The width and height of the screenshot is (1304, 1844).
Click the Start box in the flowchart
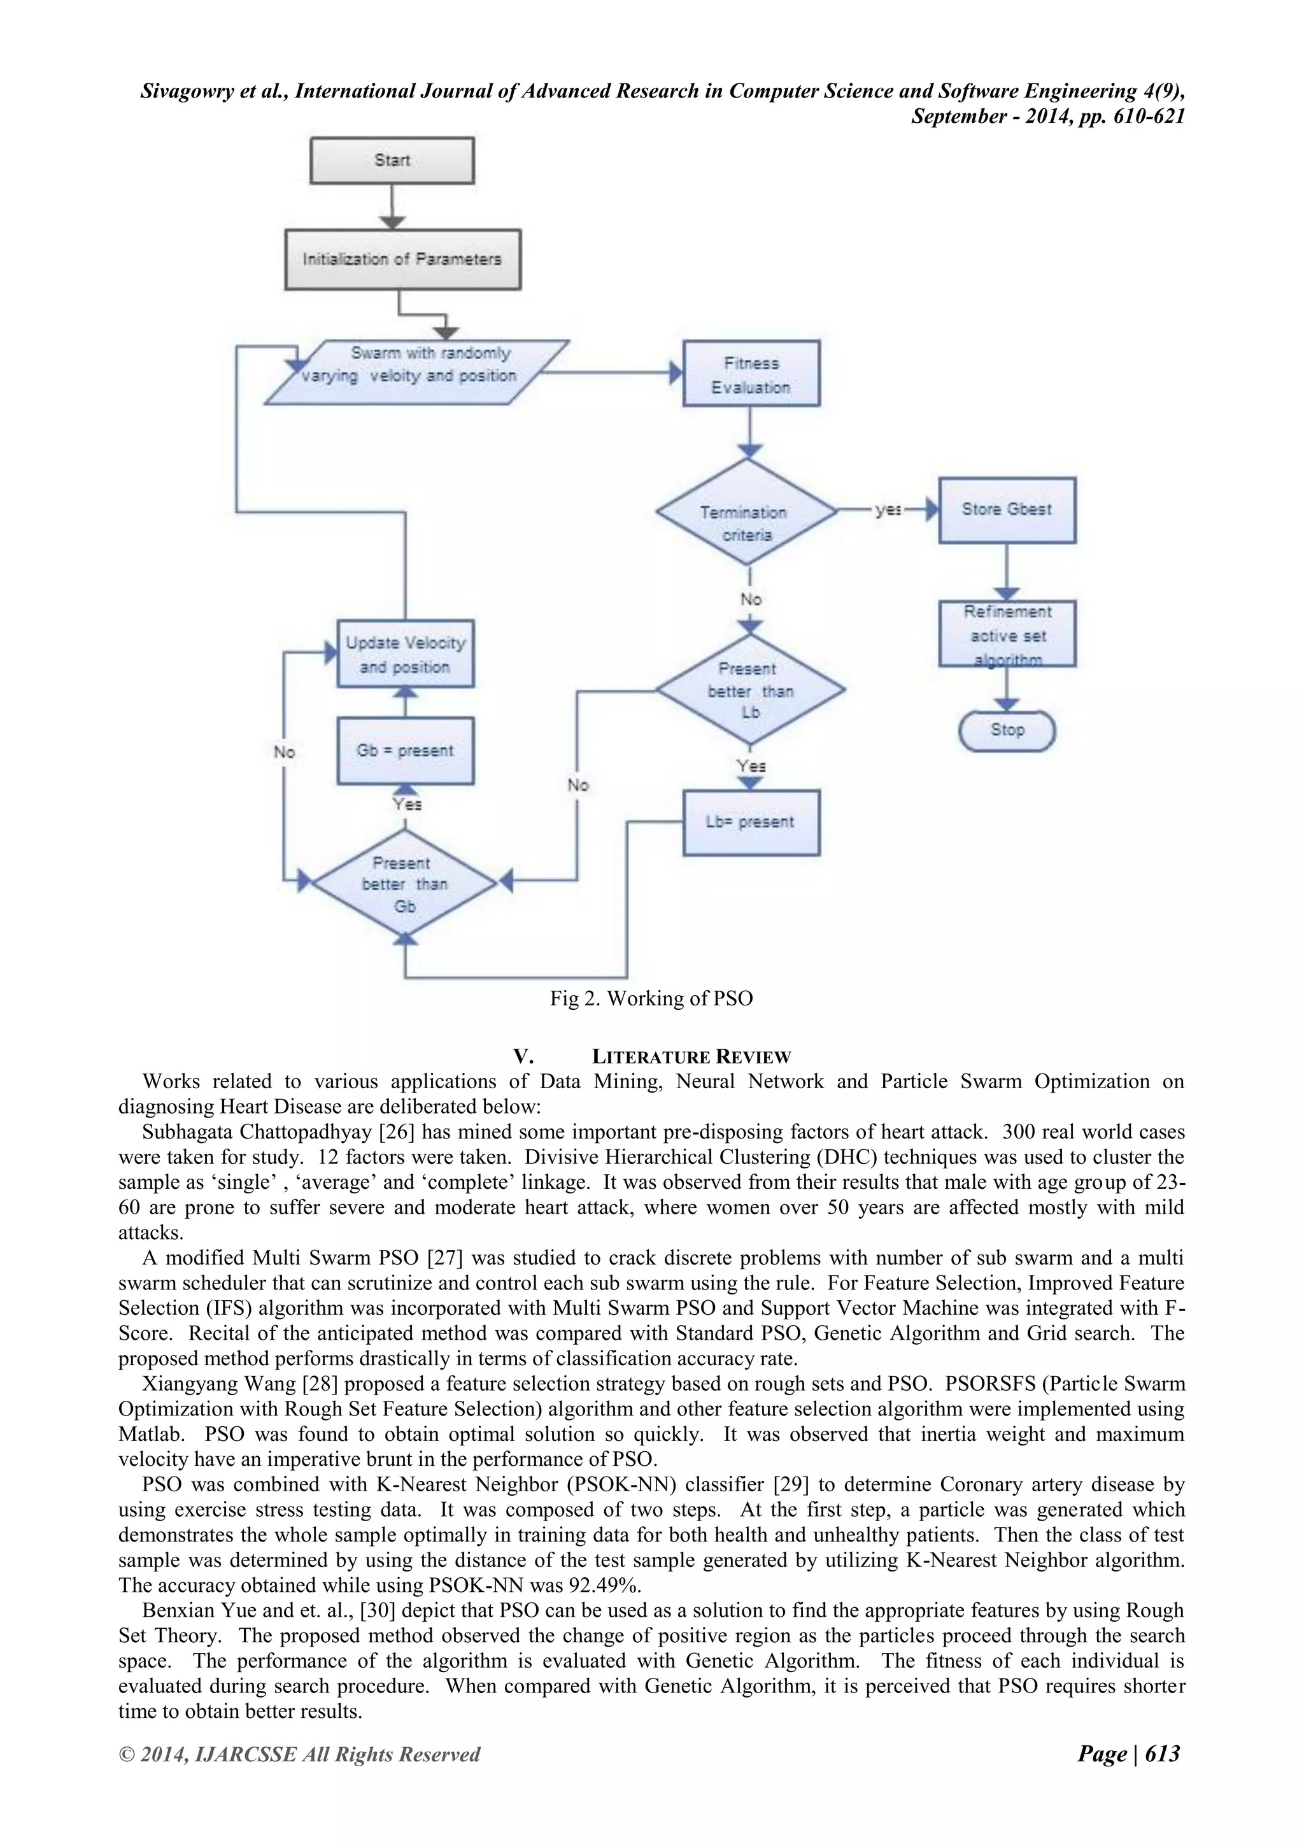[x=392, y=160]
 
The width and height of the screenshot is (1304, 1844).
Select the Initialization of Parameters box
[x=402, y=259]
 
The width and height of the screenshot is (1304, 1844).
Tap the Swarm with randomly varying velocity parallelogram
[x=418, y=372]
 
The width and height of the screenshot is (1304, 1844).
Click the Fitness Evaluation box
[x=751, y=374]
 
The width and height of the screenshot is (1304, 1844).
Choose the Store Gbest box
[x=1007, y=510]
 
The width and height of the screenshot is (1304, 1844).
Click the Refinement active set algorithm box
[x=1007, y=634]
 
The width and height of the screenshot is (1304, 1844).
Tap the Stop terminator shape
[x=1007, y=730]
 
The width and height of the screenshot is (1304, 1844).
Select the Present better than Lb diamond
[x=751, y=690]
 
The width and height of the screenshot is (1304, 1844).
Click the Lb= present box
[x=751, y=823]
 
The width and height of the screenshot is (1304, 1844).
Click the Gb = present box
[x=405, y=751]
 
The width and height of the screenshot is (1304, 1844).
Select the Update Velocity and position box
[x=405, y=654]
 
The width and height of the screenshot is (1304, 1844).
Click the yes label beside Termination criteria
[x=887, y=510]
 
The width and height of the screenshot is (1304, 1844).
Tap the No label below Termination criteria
[x=751, y=599]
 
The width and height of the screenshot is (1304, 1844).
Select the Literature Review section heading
[x=691, y=1057]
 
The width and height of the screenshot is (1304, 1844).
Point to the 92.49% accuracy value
[x=609, y=1585]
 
